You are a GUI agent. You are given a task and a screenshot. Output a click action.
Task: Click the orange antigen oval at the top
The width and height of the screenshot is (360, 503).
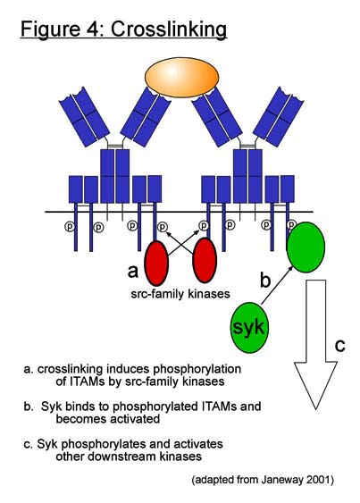pyautogui.click(x=181, y=78)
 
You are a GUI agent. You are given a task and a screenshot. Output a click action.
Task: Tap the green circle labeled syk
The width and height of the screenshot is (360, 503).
pyautogui.click(x=249, y=328)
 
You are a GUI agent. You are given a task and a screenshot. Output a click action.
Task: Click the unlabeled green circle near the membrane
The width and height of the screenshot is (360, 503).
pyautogui.click(x=306, y=247)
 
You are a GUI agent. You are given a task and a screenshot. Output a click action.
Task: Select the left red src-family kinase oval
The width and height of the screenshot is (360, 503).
pyautogui.click(x=156, y=263)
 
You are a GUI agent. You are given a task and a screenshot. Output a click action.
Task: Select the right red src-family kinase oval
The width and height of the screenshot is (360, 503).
pyautogui.click(x=205, y=261)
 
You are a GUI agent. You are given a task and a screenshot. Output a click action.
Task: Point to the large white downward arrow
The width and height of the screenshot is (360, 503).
pyautogui.click(x=315, y=344)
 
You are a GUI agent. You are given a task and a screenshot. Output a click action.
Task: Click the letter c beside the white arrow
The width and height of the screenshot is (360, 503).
pyautogui.click(x=339, y=346)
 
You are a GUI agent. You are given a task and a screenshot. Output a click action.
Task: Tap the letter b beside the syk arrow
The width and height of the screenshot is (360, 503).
pyautogui.click(x=265, y=280)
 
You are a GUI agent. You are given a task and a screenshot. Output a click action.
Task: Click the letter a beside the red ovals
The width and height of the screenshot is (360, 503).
pyautogui.click(x=133, y=272)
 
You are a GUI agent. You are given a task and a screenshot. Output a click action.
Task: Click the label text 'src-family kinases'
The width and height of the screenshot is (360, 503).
pyautogui.click(x=180, y=294)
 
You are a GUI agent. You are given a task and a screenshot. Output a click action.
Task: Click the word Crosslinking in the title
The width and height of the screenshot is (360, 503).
pyautogui.click(x=169, y=29)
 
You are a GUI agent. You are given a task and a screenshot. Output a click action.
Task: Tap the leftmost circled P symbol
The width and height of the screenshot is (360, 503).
pyautogui.click(x=70, y=227)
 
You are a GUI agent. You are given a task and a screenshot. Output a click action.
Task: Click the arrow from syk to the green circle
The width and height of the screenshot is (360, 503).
pyautogui.click(x=277, y=285)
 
